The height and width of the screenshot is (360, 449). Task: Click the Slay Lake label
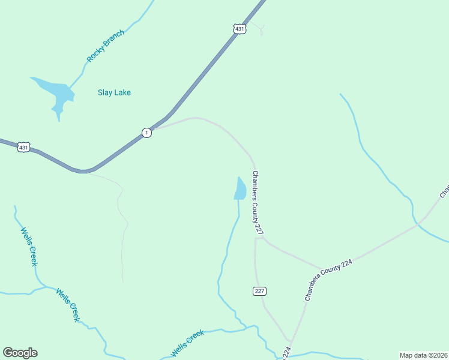click(114, 93)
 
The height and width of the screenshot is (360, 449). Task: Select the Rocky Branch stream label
click(106, 46)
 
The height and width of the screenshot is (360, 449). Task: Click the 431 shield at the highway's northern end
click(240, 29)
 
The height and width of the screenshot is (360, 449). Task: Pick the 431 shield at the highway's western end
click(23, 147)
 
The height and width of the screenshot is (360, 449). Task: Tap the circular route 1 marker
click(146, 133)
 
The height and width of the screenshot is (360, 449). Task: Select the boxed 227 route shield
click(259, 291)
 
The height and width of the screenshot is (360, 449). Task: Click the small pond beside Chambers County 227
click(240, 189)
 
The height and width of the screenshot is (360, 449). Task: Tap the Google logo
click(20, 353)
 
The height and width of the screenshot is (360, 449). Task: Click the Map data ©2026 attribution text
click(423, 355)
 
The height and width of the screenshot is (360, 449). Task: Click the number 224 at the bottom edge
click(286, 353)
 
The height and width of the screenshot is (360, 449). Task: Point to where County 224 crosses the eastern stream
click(417, 225)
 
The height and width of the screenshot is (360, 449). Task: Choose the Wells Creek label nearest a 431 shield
click(29, 246)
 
